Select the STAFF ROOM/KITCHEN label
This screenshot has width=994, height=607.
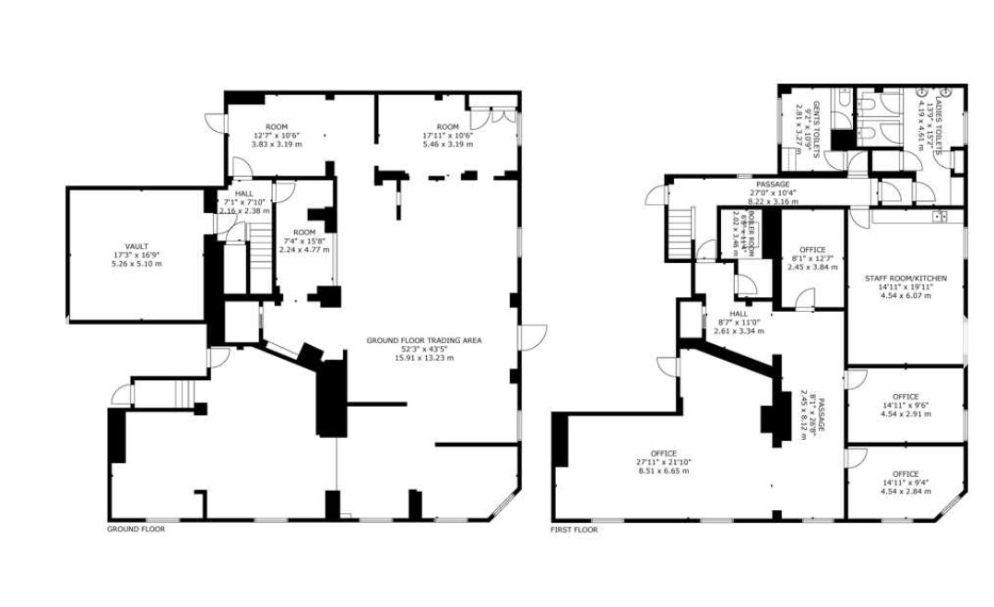(x=905, y=278)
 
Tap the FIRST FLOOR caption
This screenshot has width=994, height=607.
(x=573, y=530)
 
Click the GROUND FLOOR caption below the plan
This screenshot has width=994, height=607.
(x=136, y=530)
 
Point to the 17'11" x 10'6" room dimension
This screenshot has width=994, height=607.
(x=447, y=136)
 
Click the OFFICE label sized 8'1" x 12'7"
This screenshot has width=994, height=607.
(x=812, y=250)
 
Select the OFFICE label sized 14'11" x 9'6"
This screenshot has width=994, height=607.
(x=905, y=397)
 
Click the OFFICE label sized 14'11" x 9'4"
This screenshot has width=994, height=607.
(x=905, y=474)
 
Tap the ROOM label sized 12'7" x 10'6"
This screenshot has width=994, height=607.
(x=277, y=126)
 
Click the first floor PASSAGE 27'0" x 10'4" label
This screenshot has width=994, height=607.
(x=771, y=184)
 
